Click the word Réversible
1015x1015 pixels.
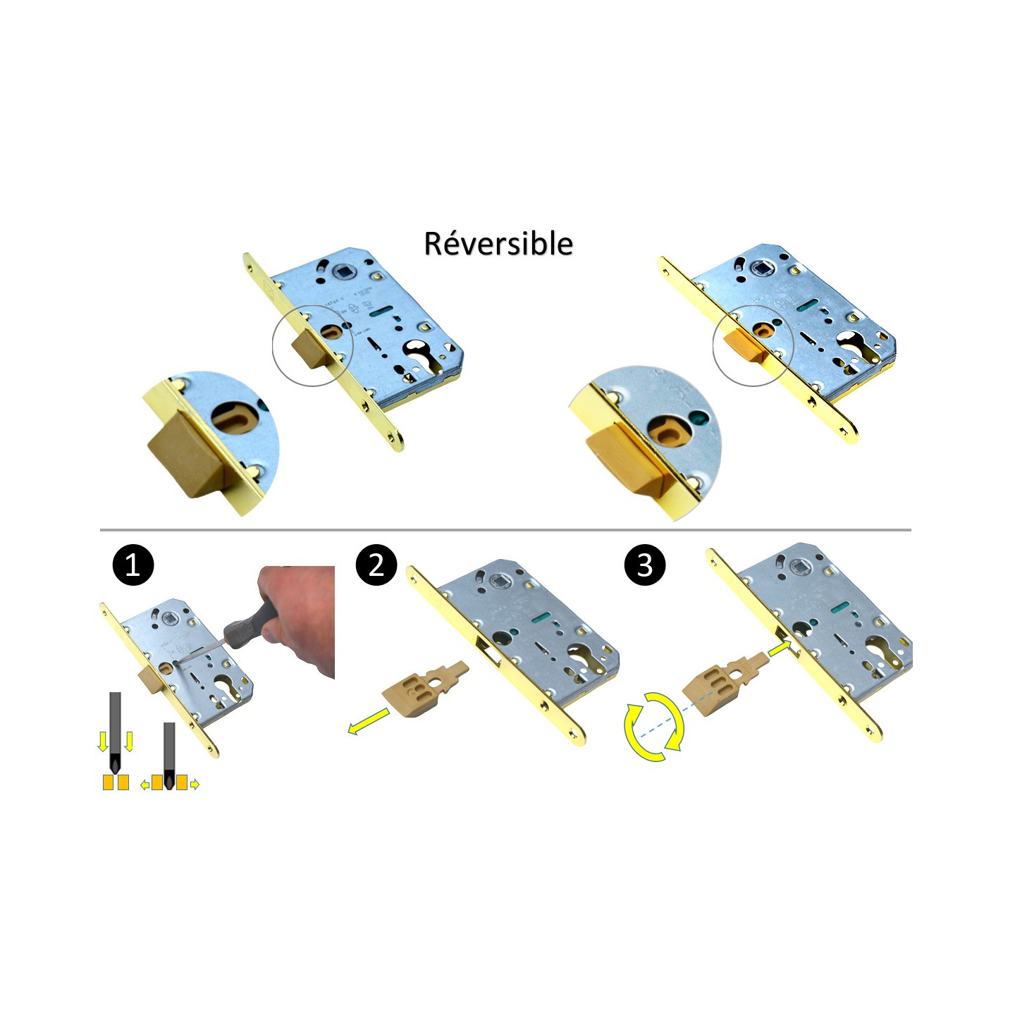tap(498, 243)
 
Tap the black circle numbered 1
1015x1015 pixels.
tap(133, 565)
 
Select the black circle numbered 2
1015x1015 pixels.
tap(376, 565)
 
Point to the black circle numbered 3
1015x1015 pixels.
tap(644, 565)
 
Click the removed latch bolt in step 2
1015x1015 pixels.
tap(424, 688)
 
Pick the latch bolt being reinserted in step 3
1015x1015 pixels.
tap(726, 682)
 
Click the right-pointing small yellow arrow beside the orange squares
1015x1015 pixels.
tap(195, 785)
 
